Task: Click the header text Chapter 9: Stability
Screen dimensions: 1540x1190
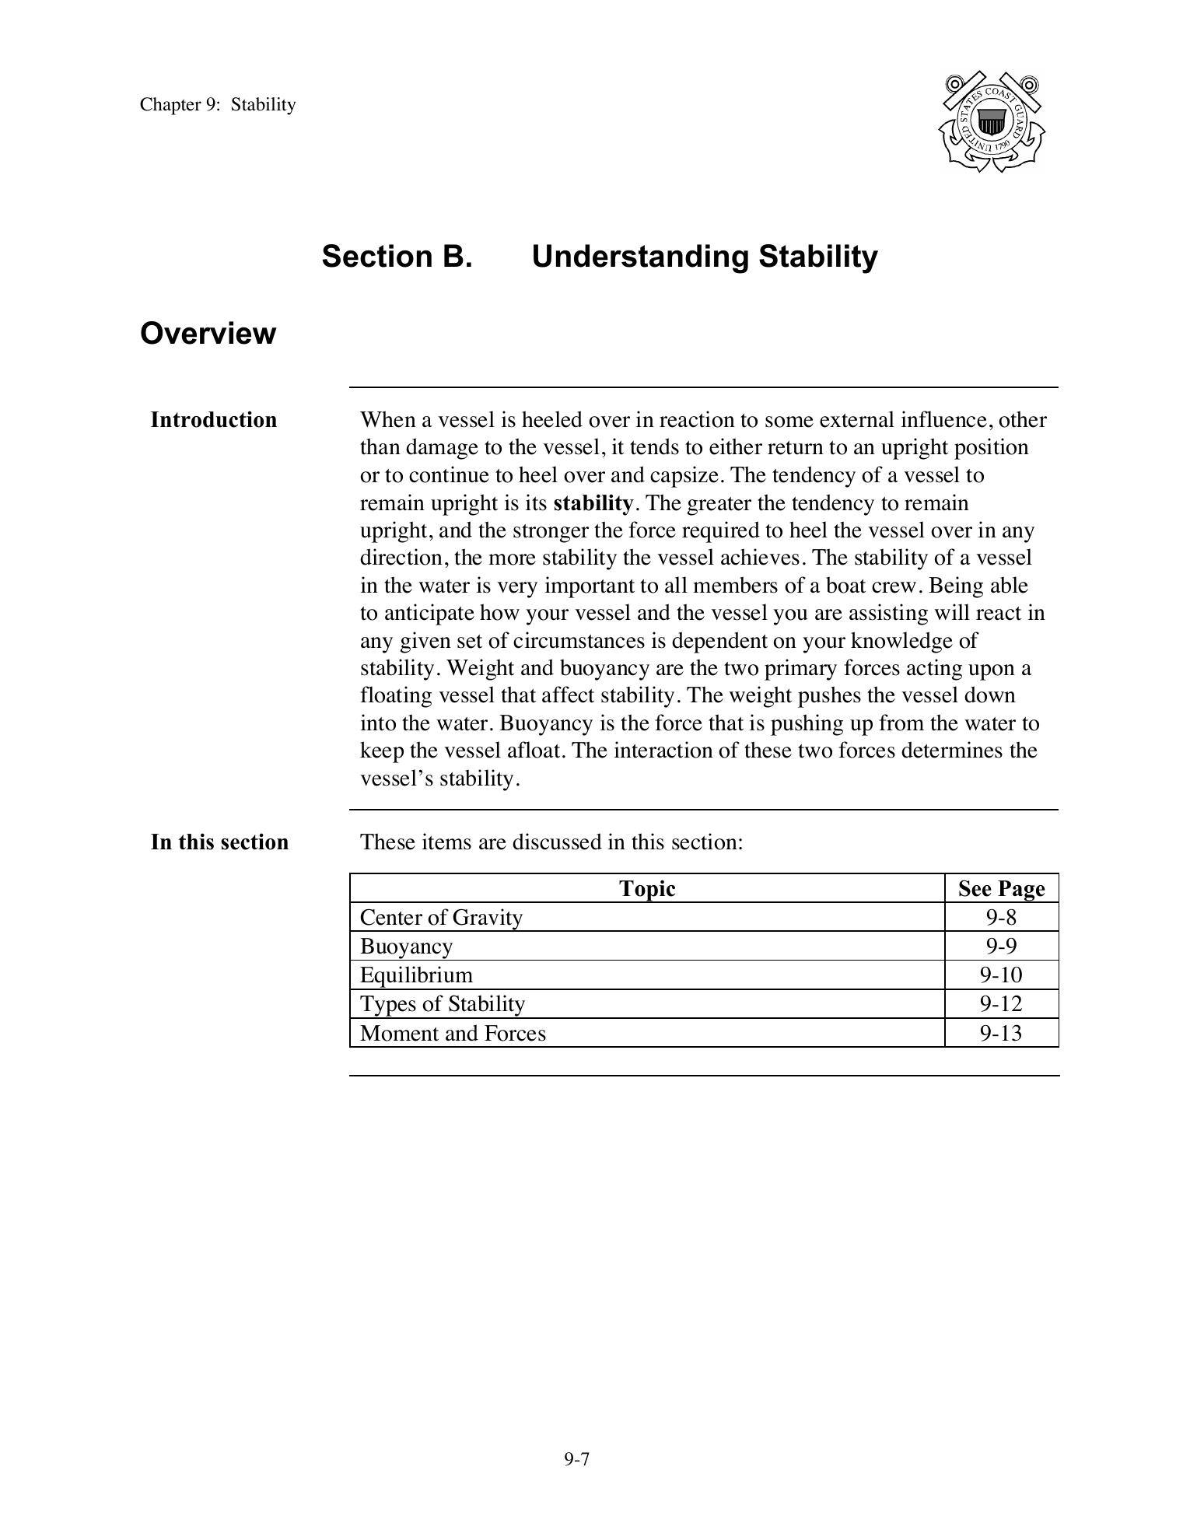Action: click(x=218, y=105)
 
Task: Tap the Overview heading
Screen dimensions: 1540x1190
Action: click(x=208, y=334)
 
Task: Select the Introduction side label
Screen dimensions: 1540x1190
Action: click(x=213, y=420)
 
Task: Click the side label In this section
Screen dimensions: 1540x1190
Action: click(x=219, y=842)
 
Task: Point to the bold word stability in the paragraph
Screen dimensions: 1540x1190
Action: click(x=593, y=503)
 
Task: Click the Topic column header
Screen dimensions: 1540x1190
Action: click(x=647, y=888)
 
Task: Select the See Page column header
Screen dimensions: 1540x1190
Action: click(x=1001, y=888)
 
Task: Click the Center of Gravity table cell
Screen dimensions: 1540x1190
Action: click(x=441, y=918)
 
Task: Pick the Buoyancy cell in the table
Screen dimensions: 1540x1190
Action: click(x=406, y=947)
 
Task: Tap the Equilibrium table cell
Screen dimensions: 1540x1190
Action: click(x=416, y=975)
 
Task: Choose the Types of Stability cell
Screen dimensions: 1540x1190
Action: click(x=443, y=1004)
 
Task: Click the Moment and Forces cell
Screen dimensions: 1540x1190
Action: click(x=453, y=1034)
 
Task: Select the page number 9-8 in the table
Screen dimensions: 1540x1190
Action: click(x=1001, y=918)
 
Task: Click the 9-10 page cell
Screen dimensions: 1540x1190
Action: click(x=1001, y=975)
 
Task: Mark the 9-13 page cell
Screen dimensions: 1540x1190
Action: click(x=1001, y=1034)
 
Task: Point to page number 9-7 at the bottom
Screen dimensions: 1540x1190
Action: click(x=577, y=1459)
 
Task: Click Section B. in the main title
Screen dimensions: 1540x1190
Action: click(x=397, y=257)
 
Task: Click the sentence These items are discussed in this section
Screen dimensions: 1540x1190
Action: click(x=551, y=842)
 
